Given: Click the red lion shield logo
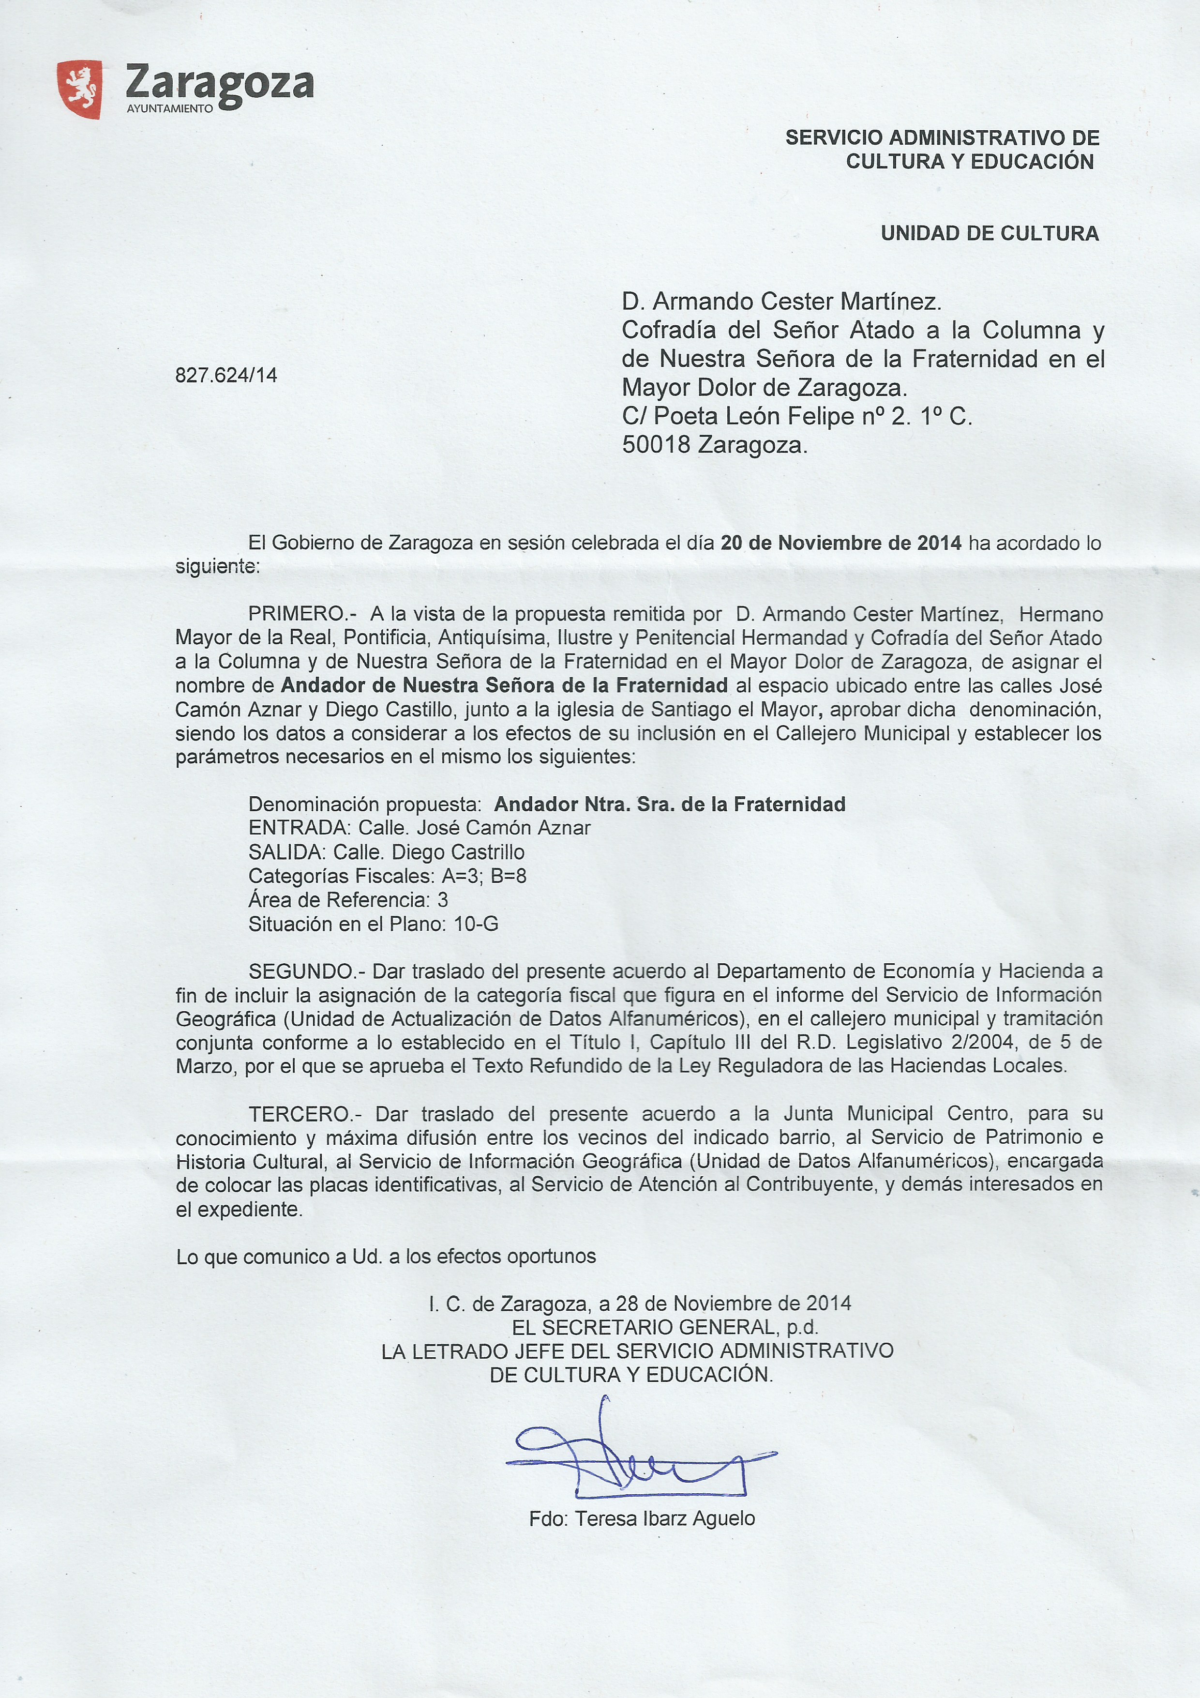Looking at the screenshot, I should (x=79, y=90).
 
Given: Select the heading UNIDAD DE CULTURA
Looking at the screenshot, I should (x=990, y=234).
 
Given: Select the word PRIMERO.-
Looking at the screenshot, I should (x=302, y=614).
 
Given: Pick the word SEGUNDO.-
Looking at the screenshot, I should (x=306, y=971).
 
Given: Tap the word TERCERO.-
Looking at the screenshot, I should (x=305, y=1114).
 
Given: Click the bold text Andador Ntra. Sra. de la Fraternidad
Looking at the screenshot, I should (x=669, y=804).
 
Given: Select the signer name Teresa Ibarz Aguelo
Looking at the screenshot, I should (x=665, y=1518).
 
